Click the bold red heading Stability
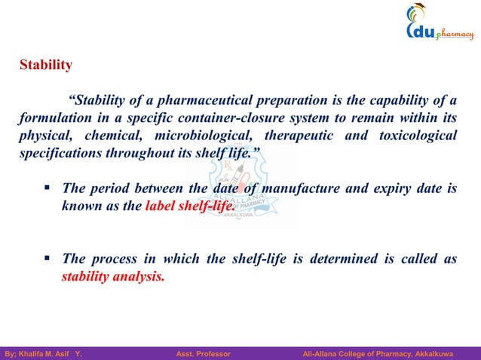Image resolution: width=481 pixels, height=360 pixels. click(46, 66)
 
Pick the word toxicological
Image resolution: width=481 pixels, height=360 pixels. click(414, 136)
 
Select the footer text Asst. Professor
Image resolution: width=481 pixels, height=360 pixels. click(203, 352)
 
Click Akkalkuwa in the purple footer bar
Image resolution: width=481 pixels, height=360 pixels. click(449, 352)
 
